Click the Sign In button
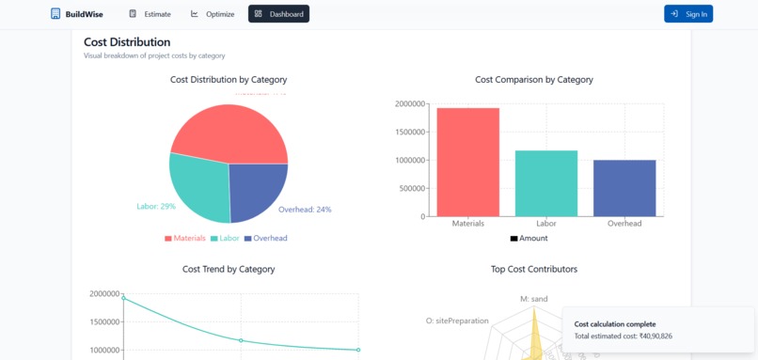688,14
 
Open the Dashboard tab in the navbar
278,14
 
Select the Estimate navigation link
150,14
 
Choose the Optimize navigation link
213,14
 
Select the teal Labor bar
546,183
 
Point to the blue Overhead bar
624,188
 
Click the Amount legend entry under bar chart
529,239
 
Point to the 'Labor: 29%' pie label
156,207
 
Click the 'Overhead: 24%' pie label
305,210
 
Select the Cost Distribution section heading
127,42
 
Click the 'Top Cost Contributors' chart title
534,269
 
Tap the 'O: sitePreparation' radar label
456,321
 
